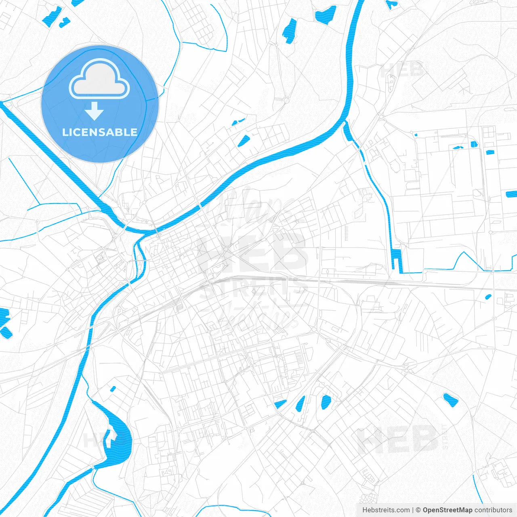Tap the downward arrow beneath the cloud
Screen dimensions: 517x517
95,111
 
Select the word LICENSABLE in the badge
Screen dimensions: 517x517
100,132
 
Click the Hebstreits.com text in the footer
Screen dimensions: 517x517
386,510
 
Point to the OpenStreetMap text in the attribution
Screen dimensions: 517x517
448,510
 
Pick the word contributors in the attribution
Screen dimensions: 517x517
493,510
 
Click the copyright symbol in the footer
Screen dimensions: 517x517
418,510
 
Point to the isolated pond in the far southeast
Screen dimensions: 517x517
450,400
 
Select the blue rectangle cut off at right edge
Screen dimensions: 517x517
511,194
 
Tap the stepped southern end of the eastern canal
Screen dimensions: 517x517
398,261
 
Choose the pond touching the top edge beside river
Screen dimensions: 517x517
326,14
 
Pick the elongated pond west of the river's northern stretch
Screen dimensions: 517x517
289,30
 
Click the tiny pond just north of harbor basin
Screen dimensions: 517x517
113,389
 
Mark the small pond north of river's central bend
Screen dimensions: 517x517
244,141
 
